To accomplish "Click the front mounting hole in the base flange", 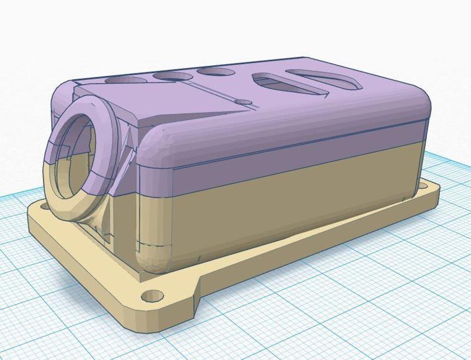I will (152, 294).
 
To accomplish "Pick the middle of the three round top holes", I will (172, 75).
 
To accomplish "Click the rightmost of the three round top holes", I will (215, 71).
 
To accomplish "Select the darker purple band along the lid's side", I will (294, 150).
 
